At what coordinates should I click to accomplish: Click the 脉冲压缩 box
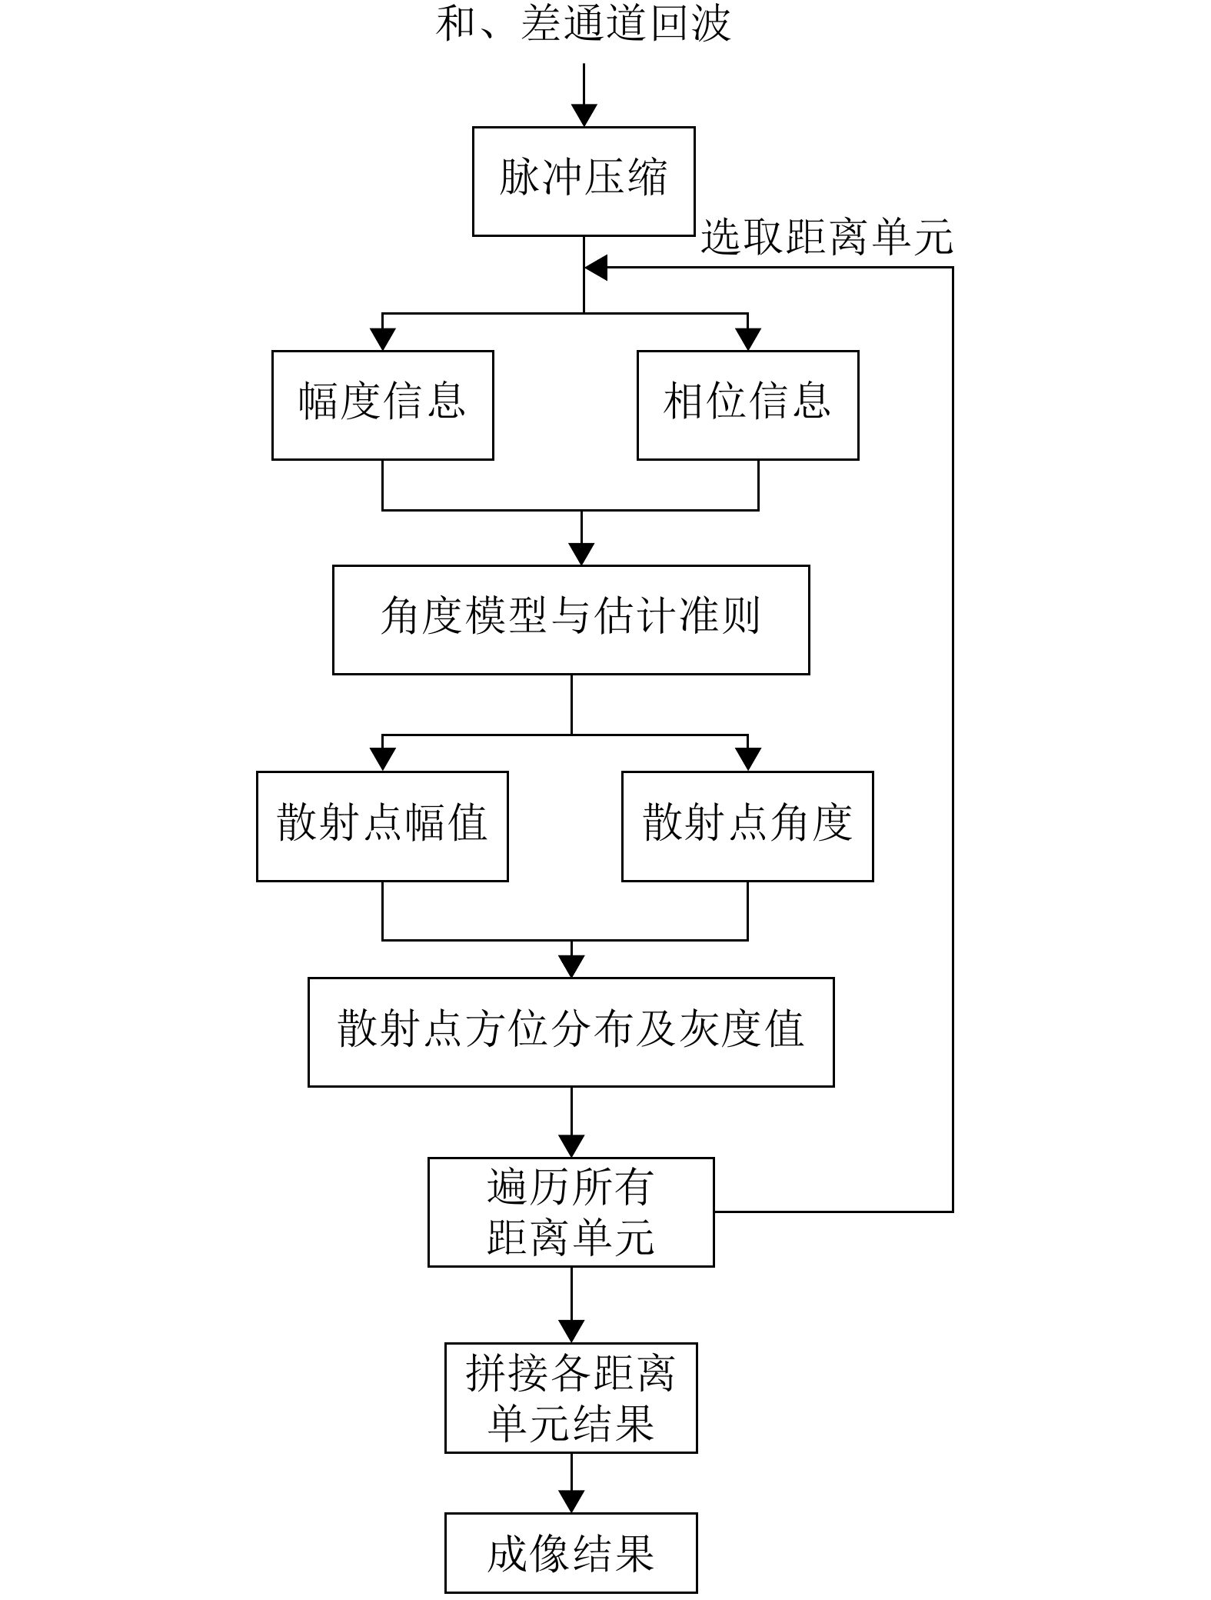coord(584,181)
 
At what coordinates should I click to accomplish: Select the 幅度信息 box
coord(382,405)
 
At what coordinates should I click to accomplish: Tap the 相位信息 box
coord(747,405)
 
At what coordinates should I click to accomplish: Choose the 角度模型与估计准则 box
coord(571,620)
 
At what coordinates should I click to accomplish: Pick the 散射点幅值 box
coord(382,826)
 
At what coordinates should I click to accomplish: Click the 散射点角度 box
coord(747,826)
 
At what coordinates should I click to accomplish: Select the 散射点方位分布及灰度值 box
coord(571,1032)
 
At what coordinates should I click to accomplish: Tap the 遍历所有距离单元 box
coord(571,1212)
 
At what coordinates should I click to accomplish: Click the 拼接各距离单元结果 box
coord(571,1398)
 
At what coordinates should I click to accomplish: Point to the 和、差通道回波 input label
coord(583,23)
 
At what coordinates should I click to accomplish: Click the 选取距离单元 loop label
coord(827,237)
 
